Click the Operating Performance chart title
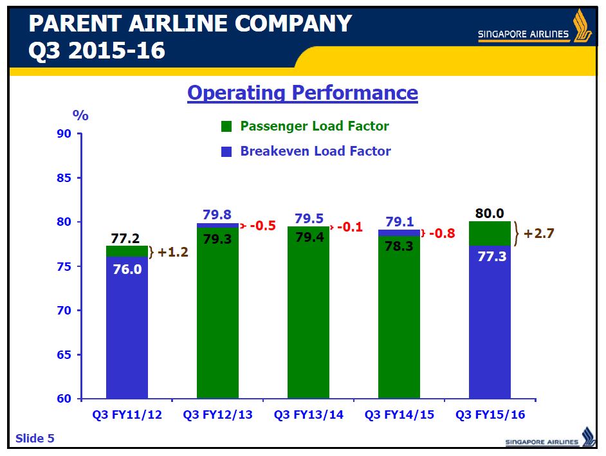[302, 93]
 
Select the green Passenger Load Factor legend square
[226, 127]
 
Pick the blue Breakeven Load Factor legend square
[226, 152]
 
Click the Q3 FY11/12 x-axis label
[126, 415]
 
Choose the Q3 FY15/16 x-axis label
[490, 415]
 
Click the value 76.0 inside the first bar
[127, 269]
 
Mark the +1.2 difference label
[171, 252]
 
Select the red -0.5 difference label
[262, 226]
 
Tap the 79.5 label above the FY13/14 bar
[308, 219]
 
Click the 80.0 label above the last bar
[490, 214]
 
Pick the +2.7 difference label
[538, 233]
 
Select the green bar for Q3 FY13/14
[308, 322]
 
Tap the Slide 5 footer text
[35, 439]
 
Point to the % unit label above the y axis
[80, 116]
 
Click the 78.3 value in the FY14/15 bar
[399, 246]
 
